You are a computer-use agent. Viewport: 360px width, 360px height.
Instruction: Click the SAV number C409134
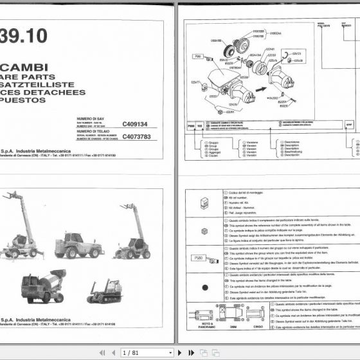[x=135, y=123]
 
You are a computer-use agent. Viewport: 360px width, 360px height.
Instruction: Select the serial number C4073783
[x=136, y=136]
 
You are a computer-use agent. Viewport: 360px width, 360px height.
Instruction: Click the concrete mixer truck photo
[x=43, y=285]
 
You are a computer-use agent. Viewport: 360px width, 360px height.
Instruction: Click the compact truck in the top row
[x=79, y=244]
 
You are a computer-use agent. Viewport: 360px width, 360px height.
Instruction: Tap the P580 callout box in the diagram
[x=199, y=57]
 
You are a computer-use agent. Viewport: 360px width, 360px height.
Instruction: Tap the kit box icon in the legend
[x=204, y=203]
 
